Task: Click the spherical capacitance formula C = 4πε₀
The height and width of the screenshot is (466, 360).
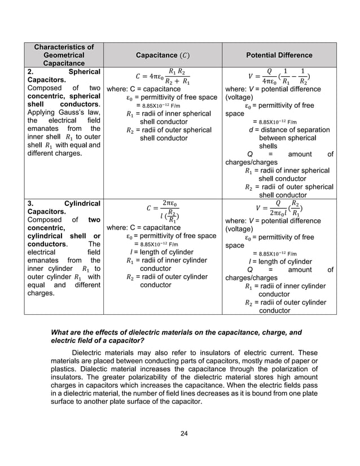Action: click(x=163, y=76)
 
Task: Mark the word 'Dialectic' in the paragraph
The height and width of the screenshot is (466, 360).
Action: click(x=92, y=371)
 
